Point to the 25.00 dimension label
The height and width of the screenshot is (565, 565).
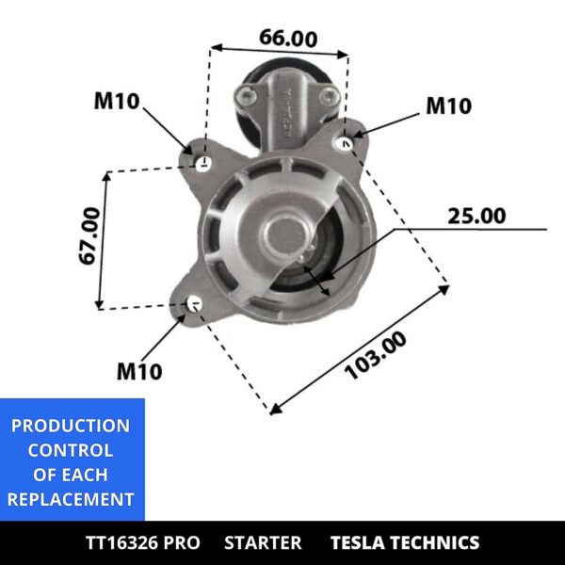(476, 216)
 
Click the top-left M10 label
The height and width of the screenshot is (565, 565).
(117, 102)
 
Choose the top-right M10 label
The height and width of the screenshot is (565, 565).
(448, 106)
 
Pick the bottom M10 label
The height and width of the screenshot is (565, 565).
(139, 371)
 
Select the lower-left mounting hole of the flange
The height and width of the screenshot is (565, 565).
(195, 304)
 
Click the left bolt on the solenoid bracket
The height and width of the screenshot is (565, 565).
(246, 94)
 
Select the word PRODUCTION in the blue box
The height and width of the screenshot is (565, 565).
(71, 426)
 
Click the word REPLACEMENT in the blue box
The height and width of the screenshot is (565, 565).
(71, 499)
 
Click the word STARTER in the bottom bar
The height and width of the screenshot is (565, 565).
(264, 542)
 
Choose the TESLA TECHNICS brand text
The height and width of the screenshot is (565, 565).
(404, 542)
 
